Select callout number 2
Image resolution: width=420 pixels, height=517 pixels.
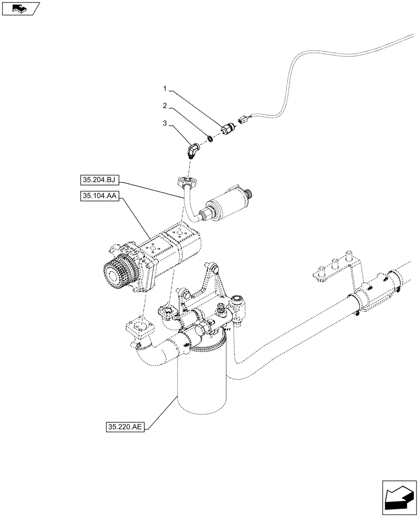164,106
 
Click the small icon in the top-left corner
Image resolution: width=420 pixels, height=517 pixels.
20,9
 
